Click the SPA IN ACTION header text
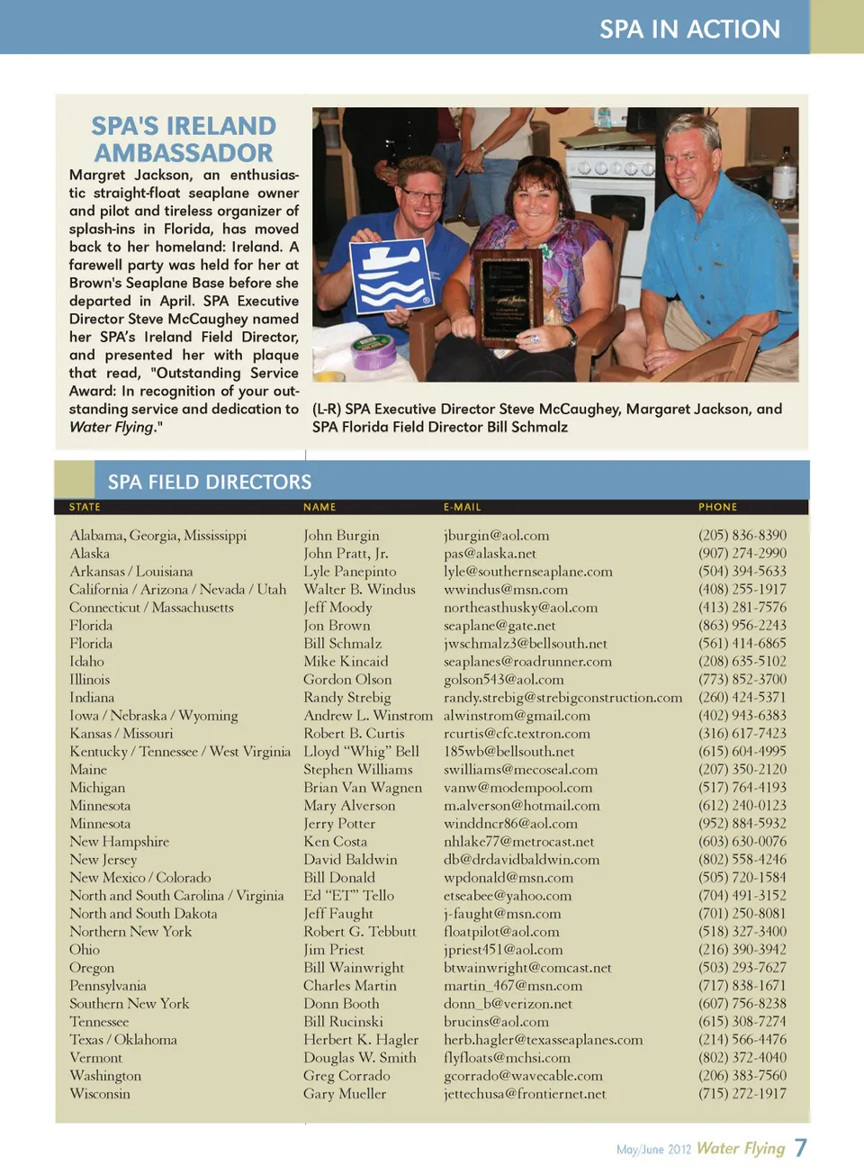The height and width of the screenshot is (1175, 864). point(689,29)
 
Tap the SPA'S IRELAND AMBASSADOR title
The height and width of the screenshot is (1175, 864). point(184,140)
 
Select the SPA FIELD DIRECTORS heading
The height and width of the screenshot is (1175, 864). point(210,482)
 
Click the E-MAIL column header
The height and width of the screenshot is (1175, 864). point(462,507)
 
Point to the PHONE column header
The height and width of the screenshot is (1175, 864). point(717,507)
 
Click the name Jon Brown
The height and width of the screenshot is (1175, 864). point(337,626)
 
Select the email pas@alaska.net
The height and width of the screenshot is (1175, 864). point(490,554)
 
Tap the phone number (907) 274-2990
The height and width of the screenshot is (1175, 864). point(742,554)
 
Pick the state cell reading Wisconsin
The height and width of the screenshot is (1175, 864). point(100,1094)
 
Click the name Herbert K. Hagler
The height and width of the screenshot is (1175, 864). point(361,1040)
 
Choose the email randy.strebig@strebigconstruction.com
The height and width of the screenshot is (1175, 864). point(562,698)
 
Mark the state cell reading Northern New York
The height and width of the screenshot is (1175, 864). point(130,932)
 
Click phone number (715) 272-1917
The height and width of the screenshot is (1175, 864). point(742,1094)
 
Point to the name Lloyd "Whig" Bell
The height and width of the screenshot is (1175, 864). point(361,752)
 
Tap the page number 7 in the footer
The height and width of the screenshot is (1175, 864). point(800,1148)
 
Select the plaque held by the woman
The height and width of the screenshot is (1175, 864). point(508,297)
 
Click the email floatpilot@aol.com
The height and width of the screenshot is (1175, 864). point(501,932)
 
